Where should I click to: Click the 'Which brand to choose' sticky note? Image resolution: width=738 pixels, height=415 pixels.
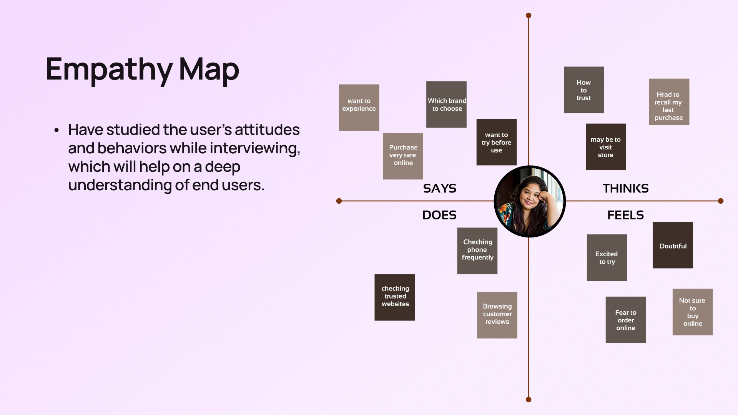(x=446, y=105)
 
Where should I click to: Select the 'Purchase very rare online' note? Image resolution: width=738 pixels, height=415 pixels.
(x=403, y=156)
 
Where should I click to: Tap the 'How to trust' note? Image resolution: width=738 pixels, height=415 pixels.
(x=584, y=90)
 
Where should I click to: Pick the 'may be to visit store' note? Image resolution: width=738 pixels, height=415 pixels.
(x=606, y=147)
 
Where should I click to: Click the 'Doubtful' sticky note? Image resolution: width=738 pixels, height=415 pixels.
(x=673, y=245)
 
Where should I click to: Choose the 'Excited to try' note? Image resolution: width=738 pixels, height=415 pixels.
(x=607, y=257)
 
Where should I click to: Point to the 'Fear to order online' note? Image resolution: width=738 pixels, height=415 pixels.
(x=626, y=320)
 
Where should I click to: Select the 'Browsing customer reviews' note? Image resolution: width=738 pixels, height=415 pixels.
(x=497, y=315)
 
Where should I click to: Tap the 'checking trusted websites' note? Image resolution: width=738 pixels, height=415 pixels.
(x=395, y=297)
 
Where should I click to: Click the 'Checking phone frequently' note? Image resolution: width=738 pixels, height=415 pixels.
(x=477, y=251)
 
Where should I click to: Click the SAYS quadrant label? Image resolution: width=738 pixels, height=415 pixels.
(x=440, y=188)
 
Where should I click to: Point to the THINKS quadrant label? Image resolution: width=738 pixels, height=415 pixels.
(x=626, y=188)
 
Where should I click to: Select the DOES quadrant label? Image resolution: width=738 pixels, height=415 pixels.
(x=439, y=215)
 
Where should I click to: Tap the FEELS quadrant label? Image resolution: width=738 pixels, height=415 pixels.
(x=625, y=215)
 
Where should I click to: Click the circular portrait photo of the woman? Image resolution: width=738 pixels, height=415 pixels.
(x=530, y=201)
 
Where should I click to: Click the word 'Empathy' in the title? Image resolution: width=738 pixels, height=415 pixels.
(x=109, y=69)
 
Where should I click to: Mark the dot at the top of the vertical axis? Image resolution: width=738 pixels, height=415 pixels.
(x=529, y=15)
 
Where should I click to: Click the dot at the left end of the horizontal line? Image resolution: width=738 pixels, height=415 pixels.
(x=339, y=201)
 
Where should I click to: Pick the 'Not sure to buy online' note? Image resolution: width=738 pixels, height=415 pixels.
(x=693, y=312)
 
